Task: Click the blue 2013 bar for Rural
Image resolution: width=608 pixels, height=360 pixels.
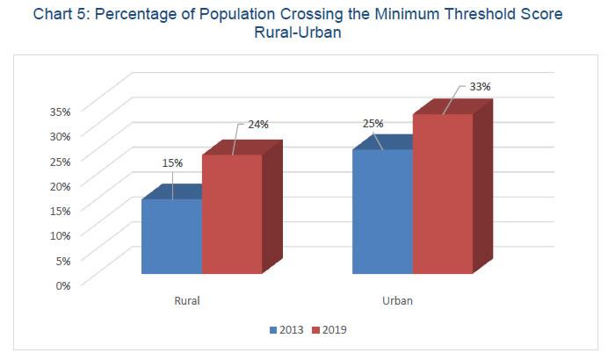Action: coord(171,236)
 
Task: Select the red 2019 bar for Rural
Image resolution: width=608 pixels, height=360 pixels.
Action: coord(232,214)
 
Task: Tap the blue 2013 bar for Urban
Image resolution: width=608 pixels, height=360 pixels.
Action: coord(382,212)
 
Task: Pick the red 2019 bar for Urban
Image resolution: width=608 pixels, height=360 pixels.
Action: coord(443,194)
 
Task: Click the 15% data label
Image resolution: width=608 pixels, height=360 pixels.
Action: coord(171,163)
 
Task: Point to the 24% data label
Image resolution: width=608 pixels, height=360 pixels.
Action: coord(257,125)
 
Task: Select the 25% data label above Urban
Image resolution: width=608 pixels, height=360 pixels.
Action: coord(373,123)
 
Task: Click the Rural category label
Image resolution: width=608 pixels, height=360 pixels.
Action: coord(186,300)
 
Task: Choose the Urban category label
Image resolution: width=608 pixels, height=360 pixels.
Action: coord(398,300)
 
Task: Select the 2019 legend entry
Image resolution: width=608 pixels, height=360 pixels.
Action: coord(330,330)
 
